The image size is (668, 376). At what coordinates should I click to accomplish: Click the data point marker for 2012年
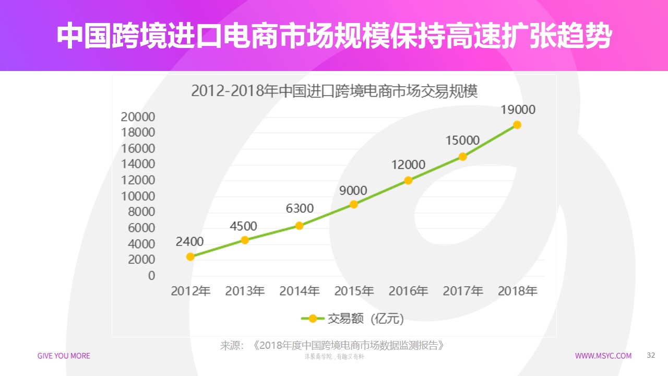(x=190, y=256)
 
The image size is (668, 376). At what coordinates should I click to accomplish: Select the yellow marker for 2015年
(x=354, y=204)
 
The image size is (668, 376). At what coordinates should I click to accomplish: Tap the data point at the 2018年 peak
(x=517, y=124)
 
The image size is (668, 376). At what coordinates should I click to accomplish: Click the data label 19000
(x=518, y=110)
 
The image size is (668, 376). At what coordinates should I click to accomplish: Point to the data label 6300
(x=300, y=208)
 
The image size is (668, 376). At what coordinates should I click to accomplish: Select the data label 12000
(x=408, y=164)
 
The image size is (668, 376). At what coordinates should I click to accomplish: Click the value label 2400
(x=189, y=241)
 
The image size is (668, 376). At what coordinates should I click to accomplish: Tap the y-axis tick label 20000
(x=138, y=116)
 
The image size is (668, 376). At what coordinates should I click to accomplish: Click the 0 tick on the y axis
(x=151, y=276)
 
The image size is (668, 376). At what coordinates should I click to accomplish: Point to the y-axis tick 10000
(x=138, y=196)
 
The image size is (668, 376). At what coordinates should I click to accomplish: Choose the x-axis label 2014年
(x=300, y=291)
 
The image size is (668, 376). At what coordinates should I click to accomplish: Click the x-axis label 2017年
(x=463, y=291)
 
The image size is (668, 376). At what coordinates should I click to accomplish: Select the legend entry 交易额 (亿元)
(x=352, y=318)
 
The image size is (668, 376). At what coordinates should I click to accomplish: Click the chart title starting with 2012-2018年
(x=335, y=91)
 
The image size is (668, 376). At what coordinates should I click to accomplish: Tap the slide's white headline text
(x=334, y=36)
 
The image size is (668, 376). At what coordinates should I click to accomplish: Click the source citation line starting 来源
(x=334, y=345)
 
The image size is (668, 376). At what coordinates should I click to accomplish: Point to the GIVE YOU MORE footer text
(x=64, y=356)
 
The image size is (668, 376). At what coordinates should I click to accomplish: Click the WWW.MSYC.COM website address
(x=603, y=356)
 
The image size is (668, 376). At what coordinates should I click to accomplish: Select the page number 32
(x=650, y=355)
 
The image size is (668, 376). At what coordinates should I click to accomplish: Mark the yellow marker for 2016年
(x=408, y=180)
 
